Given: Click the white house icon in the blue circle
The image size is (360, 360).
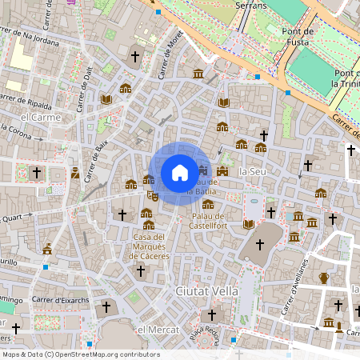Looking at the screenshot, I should click(x=180, y=173).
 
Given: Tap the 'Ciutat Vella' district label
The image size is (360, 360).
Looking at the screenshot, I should click(x=207, y=291).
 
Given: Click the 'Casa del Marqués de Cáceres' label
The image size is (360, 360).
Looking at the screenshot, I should click(x=150, y=246).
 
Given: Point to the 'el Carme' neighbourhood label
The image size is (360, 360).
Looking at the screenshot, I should click(x=41, y=117).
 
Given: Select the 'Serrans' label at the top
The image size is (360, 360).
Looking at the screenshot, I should click(x=252, y=5).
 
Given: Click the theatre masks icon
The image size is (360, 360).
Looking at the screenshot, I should click(x=153, y=194).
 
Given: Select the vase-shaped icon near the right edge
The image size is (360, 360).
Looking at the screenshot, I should click(x=323, y=278).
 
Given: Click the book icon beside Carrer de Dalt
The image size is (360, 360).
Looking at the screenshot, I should click(x=106, y=99).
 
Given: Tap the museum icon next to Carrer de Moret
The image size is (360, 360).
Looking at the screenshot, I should click(x=198, y=74).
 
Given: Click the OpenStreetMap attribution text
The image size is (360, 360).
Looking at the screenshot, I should click(x=80, y=354).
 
